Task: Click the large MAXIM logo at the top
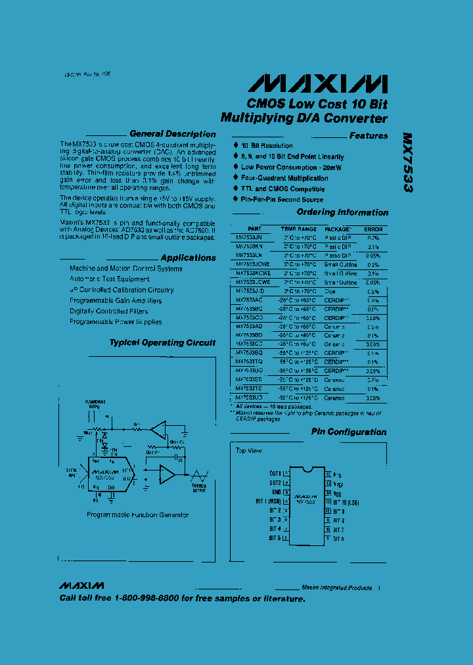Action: click(x=317, y=83)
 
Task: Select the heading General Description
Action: click(x=172, y=134)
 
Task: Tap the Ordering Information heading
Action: click(x=342, y=213)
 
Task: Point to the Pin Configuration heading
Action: click(x=348, y=432)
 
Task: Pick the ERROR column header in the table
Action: click(x=372, y=229)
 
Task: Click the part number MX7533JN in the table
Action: click(x=249, y=238)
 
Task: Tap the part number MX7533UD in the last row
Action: click(x=249, y=398)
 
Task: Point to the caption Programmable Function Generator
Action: click(x=138, y=515)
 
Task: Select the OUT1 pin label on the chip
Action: click(x=275, y=473)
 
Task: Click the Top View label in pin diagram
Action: click(x=248, y=451)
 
